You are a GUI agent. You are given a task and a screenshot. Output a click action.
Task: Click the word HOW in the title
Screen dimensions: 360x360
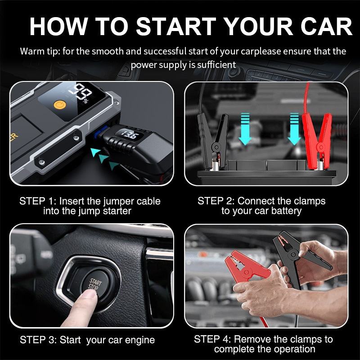point(58,26)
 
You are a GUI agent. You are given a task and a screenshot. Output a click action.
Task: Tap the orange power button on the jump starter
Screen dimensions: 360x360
point(60,105)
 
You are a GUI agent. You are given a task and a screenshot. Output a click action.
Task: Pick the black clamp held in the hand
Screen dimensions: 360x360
point(298,257)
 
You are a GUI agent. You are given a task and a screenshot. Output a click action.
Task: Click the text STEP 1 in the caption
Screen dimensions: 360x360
point(36,201)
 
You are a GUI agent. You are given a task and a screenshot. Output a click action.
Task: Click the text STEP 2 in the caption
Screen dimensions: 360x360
point(215,201)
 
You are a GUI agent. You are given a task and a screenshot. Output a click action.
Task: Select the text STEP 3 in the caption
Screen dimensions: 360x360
point(37,340)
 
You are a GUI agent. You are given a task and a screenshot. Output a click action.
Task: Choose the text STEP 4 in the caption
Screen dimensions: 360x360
point(211,339)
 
